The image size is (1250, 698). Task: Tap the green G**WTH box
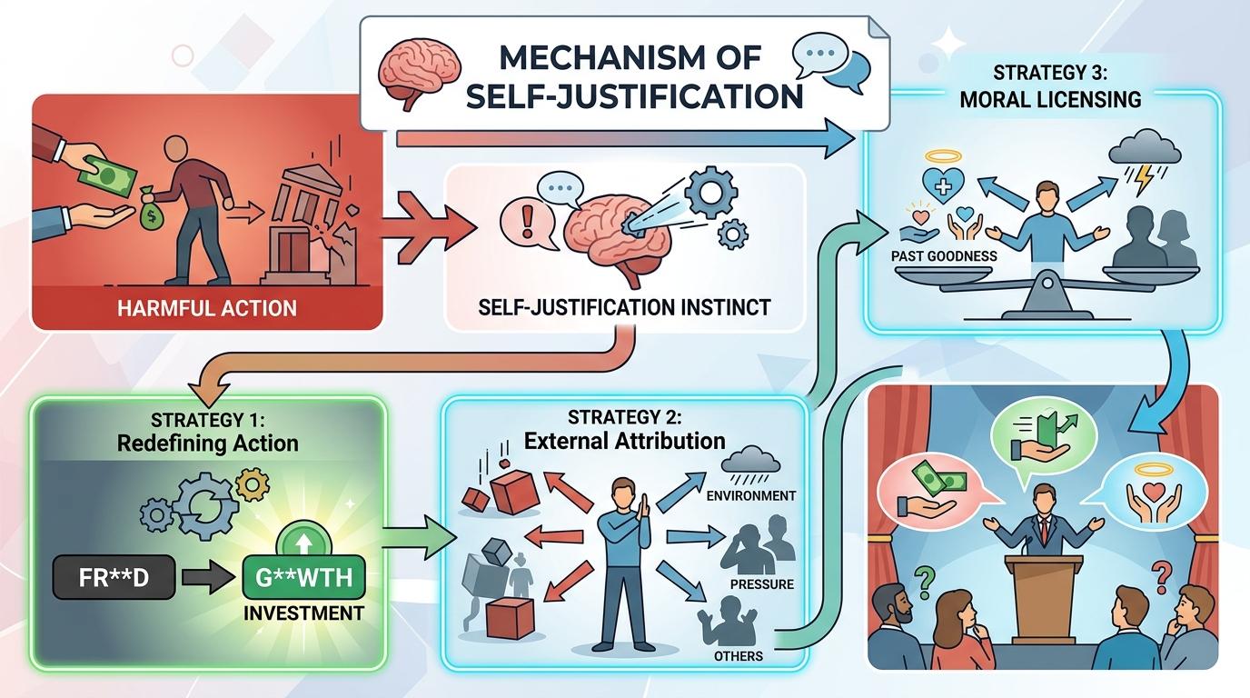(x=304, y=577)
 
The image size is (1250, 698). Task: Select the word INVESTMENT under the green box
(x=303, y=613)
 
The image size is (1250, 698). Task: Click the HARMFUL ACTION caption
(x=207, y=307)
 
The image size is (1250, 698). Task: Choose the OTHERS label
(x=739, y=655)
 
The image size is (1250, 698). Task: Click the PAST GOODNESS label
(x=944, y=255)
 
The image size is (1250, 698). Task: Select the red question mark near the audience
(x=1160, y=572)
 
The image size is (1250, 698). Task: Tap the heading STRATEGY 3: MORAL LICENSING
(x=1050, y=85)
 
